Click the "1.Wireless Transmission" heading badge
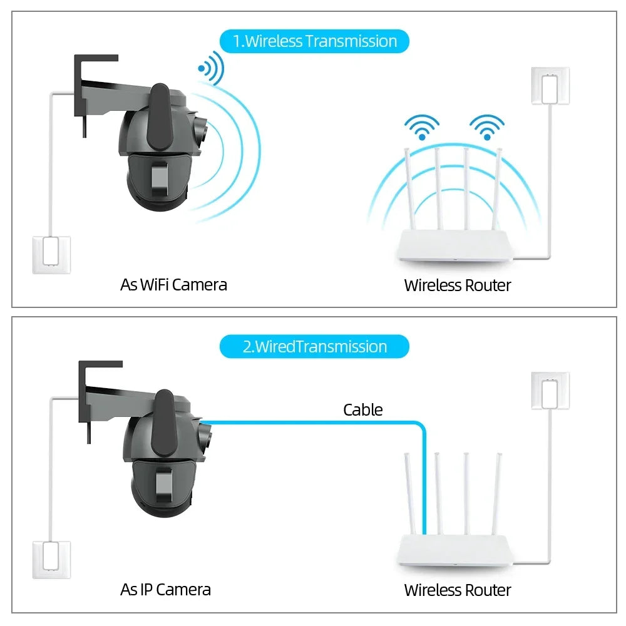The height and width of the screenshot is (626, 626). (314, 41)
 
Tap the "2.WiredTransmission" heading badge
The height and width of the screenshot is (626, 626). (314, 347)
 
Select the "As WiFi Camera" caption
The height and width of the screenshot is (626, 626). (173, 285)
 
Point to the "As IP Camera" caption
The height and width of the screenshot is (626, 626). (165, 589)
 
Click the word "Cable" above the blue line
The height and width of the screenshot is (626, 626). (362, 410)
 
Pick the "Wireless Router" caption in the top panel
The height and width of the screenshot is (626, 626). (458, 285)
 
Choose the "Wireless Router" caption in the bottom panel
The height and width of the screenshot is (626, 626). (458, 590)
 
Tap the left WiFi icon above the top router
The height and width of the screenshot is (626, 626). (421, 127)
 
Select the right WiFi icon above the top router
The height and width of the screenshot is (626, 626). (486, 127)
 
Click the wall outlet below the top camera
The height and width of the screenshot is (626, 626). (51, 254)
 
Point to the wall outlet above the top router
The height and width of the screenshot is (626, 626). (550, 86)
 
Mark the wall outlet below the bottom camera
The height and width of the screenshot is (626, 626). (51, 559)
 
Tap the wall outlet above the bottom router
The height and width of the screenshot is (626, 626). (550, 391)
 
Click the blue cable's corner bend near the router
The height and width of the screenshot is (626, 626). (422, 426)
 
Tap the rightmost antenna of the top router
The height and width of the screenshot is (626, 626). (498, 188)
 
